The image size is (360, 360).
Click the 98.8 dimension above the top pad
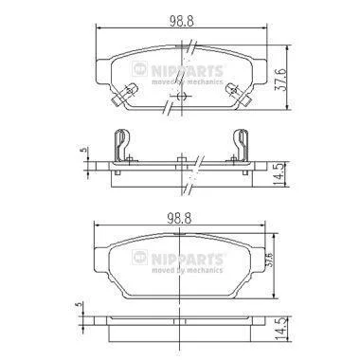pos(182,21)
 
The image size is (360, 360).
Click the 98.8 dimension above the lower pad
pos(179,218)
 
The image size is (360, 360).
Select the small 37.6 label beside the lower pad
pos(268,260)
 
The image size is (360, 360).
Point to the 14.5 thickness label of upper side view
pos(279,174)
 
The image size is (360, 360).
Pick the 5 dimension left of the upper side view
pos(83,150)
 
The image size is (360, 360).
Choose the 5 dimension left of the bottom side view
pos(79,304)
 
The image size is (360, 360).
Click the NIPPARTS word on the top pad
pos(188,71)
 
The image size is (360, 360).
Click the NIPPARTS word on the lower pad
pos(188,259)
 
